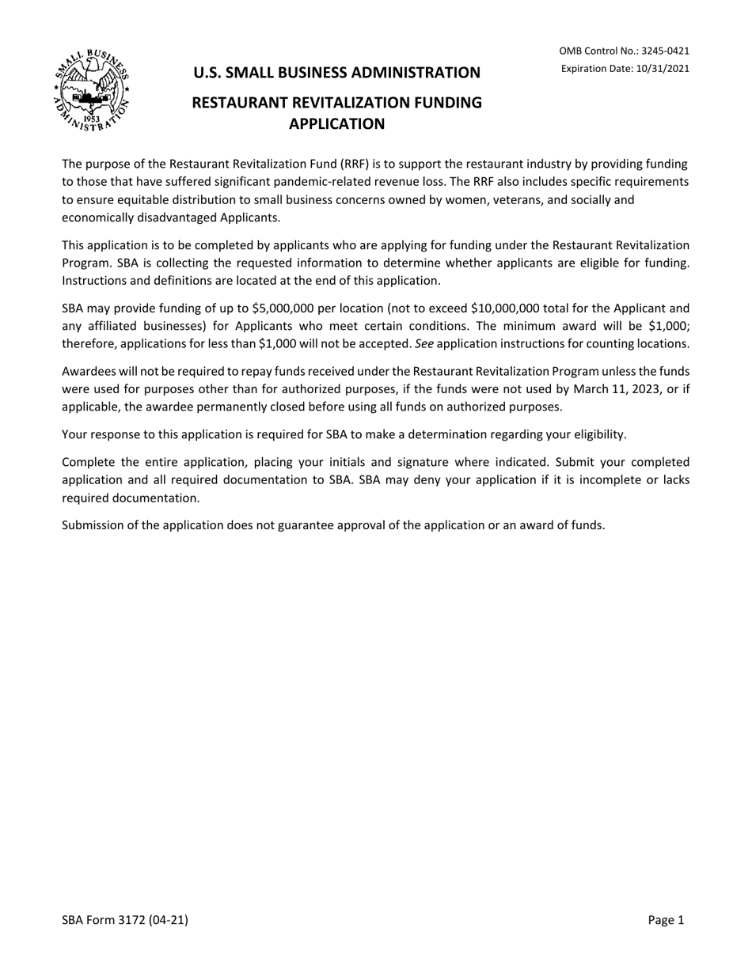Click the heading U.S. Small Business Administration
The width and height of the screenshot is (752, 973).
pos(337,73)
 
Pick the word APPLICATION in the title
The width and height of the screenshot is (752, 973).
pos(336,124)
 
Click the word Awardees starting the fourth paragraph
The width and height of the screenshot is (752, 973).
pos(89,372)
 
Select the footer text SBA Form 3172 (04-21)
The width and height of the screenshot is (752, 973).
pos(125,920)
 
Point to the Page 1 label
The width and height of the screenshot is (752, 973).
pos(665,920)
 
